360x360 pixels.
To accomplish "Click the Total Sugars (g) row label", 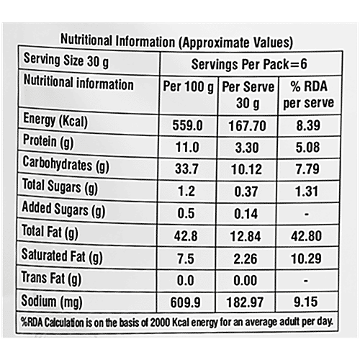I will (x=60, y=189).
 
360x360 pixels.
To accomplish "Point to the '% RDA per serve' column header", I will (x=312, y=94).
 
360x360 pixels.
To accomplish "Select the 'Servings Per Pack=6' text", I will (x=255, y=63).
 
